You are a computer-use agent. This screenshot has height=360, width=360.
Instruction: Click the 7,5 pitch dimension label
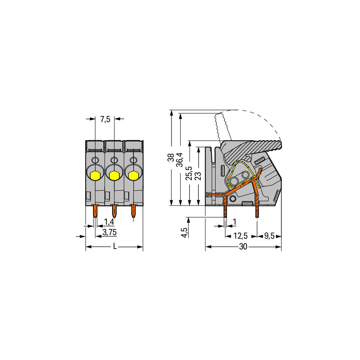[x=105, y=119]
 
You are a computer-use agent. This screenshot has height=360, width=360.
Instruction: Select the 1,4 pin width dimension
[x=109, y=222]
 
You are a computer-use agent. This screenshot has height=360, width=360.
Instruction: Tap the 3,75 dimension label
[x=110, y=232]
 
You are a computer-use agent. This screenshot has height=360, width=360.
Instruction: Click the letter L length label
[x=115, y=247]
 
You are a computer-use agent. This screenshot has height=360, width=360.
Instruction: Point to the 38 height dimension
[x=171, y=157]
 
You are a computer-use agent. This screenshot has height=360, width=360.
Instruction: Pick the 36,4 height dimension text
[x=180, y=160]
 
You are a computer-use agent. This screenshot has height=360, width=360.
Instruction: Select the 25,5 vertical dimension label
[x=189, y=173]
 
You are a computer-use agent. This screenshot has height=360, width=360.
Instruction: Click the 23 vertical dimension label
[x=198, y=176]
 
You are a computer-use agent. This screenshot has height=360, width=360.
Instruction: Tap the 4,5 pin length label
[x=185, y=232]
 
